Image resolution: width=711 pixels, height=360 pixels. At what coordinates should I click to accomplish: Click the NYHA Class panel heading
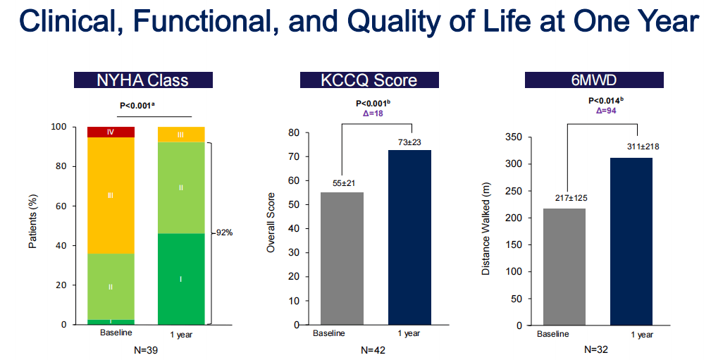142,80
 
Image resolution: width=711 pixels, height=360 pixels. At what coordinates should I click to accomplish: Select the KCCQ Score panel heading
368,80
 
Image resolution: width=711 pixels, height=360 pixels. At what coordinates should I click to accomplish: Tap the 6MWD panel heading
593,80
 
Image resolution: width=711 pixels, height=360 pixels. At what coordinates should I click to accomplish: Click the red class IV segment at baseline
111,132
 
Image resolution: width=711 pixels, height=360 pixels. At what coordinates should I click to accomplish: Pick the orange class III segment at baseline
111,195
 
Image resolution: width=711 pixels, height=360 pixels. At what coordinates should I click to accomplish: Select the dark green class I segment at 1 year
181,279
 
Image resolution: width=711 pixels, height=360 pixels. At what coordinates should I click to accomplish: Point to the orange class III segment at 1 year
181,134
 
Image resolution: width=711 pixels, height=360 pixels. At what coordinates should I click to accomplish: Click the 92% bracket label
223,232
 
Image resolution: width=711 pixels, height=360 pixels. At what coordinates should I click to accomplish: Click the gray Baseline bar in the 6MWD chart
564,266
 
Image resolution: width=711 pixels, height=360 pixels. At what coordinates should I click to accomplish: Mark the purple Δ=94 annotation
606,111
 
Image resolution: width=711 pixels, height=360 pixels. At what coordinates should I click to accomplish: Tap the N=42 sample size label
371,349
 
